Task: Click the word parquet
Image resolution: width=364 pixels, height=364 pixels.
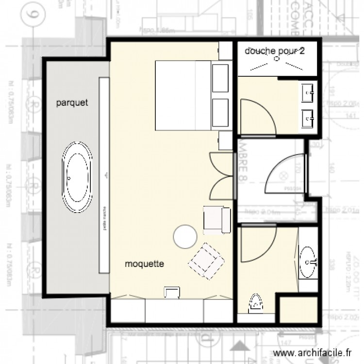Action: [x=71, y=102]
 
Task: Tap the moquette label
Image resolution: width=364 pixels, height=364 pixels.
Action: [x=144, y=264]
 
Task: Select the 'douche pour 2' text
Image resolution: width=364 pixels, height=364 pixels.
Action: [x=275, y=51]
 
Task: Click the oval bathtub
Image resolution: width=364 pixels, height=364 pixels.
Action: [x=78, y=178]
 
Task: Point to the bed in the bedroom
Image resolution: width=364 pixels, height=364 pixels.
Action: [x=183, y=95]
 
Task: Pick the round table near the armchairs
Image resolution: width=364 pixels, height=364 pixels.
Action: [x=185, y=236]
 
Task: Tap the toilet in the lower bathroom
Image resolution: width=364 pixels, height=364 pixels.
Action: [x=255, y=304]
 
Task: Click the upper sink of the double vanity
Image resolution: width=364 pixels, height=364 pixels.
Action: [x=308, y=92]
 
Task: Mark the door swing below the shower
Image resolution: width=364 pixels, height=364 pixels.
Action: [x=257, y=116]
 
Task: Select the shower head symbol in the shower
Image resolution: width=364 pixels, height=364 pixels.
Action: [x=277, y=59]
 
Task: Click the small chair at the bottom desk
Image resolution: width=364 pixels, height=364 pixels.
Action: [x=172, y=291]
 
